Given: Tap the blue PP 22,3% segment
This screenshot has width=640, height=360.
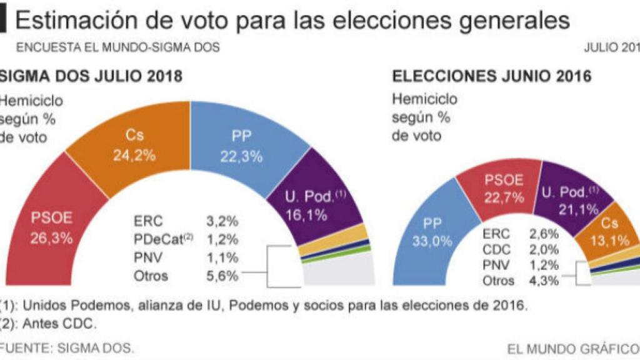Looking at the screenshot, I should pyautogui.click(x=241, y=147).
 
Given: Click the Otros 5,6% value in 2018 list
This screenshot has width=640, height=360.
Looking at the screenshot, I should pyautogui.click(x=222, y=275).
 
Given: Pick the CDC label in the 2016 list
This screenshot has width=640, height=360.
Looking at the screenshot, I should pyautogui.click(x=497, y=249).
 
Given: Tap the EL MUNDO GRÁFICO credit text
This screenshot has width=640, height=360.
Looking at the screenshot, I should pyautogui.click(x=572, y=347).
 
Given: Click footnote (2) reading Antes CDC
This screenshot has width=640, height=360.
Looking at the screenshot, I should pyautogui.click(x=50, y=324).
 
